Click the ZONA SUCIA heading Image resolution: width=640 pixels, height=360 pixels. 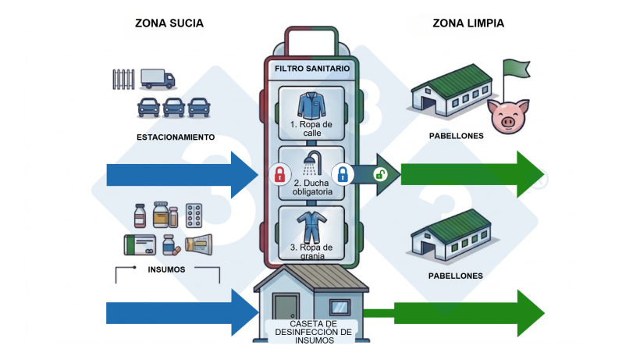[169, 23]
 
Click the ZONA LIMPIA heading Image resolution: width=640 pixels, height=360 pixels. [468, 23]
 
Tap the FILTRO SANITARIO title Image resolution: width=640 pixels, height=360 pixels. [311, 69]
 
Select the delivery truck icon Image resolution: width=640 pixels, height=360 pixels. [158, 78]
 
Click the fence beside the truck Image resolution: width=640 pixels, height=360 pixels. [124, 80]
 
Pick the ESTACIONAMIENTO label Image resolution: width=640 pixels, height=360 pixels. [176, 137]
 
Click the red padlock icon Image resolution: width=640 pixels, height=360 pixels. [279, 173]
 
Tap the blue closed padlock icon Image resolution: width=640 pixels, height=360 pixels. [342, 173]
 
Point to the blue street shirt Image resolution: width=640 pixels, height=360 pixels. [311, 105]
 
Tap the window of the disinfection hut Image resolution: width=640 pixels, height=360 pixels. [340, 306]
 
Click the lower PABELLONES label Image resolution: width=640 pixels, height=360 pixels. [456, 276]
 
